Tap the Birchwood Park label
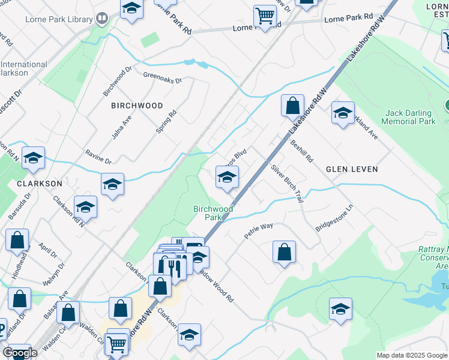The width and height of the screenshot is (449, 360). (213, 213)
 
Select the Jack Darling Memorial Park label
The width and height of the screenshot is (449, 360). (410, 117)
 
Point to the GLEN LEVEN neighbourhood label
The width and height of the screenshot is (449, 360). (352, 169)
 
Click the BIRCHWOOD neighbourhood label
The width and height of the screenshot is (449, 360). (137, 106)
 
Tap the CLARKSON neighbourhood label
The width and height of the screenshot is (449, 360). (40, 183)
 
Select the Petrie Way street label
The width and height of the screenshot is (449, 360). (259, 230)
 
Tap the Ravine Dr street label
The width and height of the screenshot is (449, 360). (98, 157)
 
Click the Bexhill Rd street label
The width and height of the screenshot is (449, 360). (301, 152)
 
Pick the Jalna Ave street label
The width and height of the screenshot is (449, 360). (121, 128)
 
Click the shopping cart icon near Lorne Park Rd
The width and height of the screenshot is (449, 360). (265, 17)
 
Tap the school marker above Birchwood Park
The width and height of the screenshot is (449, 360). (227, 177)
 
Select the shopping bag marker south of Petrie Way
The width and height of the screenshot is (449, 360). (284, 253)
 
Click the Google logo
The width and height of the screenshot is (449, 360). (20, 352)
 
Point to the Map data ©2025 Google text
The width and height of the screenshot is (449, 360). (411, 355)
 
